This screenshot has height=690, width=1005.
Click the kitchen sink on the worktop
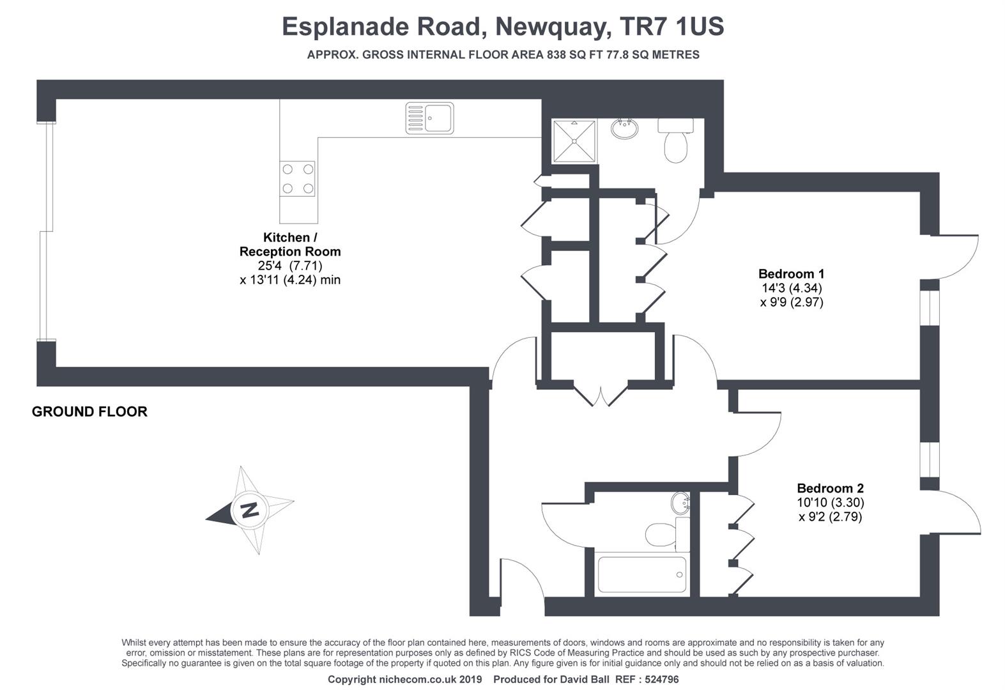click(x=429, y=118)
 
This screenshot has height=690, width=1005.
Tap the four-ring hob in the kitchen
click(x=298, y=179)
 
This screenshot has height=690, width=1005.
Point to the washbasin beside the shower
click(x=624, y=129)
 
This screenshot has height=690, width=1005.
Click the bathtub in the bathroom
click(x=641, y=574)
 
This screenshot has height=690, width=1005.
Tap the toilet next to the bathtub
click(x=665, y=533)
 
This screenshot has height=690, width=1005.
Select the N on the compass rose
click(x=249, y=510)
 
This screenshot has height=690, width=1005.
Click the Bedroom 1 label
click(x=791, y=274)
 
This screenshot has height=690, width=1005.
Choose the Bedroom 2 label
click(x=830, y=489)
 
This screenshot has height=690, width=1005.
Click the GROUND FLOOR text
click(x=89, y=412)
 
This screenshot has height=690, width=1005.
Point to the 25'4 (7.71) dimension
click(x=290, y=266)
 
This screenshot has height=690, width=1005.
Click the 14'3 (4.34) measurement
click(x=792, y=288)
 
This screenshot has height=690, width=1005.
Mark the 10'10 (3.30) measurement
click(x=830, y=503)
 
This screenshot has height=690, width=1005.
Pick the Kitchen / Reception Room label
click(x=290, y=245)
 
